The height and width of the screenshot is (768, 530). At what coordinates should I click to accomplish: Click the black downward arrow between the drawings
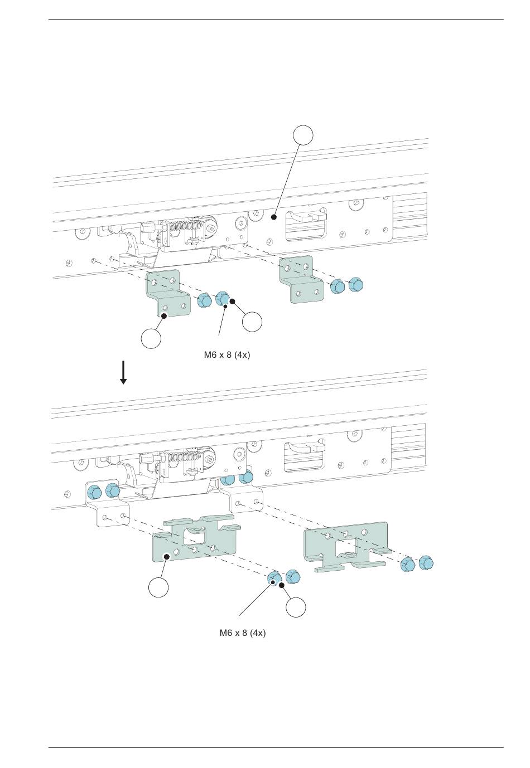point(123,373)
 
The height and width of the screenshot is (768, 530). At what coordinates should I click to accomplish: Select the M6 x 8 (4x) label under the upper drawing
point(227,354)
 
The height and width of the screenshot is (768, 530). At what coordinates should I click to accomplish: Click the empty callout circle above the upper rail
point(303,134)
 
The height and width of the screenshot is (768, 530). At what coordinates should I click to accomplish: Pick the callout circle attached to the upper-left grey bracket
point(151,338)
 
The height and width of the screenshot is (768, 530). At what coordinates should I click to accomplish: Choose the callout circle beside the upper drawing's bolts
point(253,321)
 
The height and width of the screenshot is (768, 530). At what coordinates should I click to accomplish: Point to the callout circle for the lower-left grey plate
point(159,587)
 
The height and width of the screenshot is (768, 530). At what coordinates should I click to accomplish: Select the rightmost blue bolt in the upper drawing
point(356,285)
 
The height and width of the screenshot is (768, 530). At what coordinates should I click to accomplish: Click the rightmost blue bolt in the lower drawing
point(426,563)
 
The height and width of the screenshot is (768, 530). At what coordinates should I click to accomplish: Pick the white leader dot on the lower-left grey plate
point(166,556)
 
